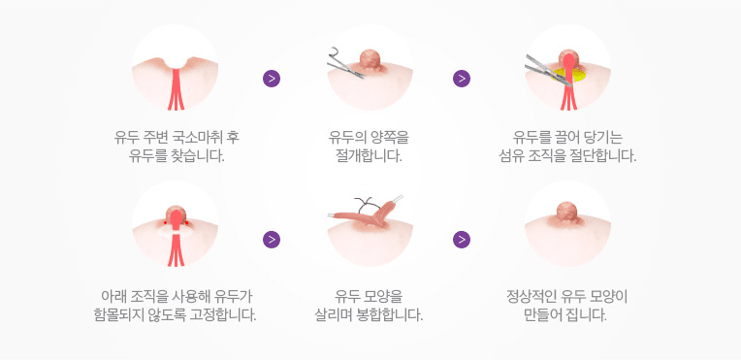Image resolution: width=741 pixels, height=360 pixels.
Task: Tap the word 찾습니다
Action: pyautogui.click(x=197, y=155)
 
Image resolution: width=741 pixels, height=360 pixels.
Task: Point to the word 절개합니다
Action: pyautogui.click(x=370, y=155)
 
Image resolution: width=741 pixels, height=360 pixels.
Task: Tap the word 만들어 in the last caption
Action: pyautogui.click(x=544, y=314)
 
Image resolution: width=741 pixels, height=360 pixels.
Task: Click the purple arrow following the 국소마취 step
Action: pyautogui.click(x=272, y=79)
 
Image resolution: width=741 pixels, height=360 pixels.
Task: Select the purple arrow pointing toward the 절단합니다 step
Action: pyautogui.click(x=462, y=79)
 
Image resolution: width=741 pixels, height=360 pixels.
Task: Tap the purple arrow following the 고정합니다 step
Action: pyautogui.click(x=272, y=240)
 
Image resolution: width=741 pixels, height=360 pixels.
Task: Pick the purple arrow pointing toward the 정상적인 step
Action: pyautogui.click(x=462, y=240)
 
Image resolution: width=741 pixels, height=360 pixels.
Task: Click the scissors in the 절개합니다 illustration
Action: pyautogui.click(x=346, y=66)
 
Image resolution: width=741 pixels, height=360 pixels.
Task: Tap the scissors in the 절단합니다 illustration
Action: pyautogui.click(x=548, y=71)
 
